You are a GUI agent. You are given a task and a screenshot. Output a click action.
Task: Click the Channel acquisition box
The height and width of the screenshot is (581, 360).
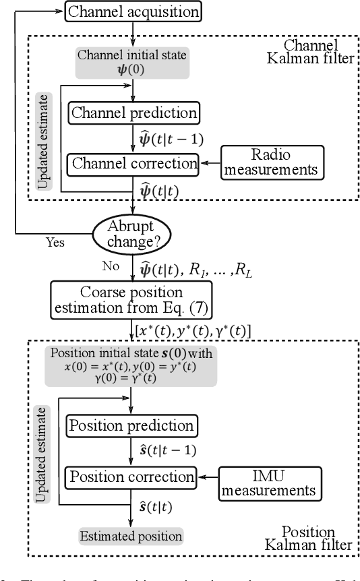(135, 11)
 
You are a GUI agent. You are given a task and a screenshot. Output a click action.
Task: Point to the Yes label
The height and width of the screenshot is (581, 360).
(55, 242)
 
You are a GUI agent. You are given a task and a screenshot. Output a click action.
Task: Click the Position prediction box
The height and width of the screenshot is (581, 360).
(131, 426)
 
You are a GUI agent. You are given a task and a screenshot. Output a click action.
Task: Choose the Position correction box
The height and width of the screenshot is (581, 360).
(131, 477)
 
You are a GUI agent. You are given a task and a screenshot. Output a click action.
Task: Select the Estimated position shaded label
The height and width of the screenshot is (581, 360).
(130, 537)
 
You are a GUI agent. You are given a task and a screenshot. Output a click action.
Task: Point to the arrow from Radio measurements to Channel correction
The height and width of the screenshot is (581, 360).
(215, 162)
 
